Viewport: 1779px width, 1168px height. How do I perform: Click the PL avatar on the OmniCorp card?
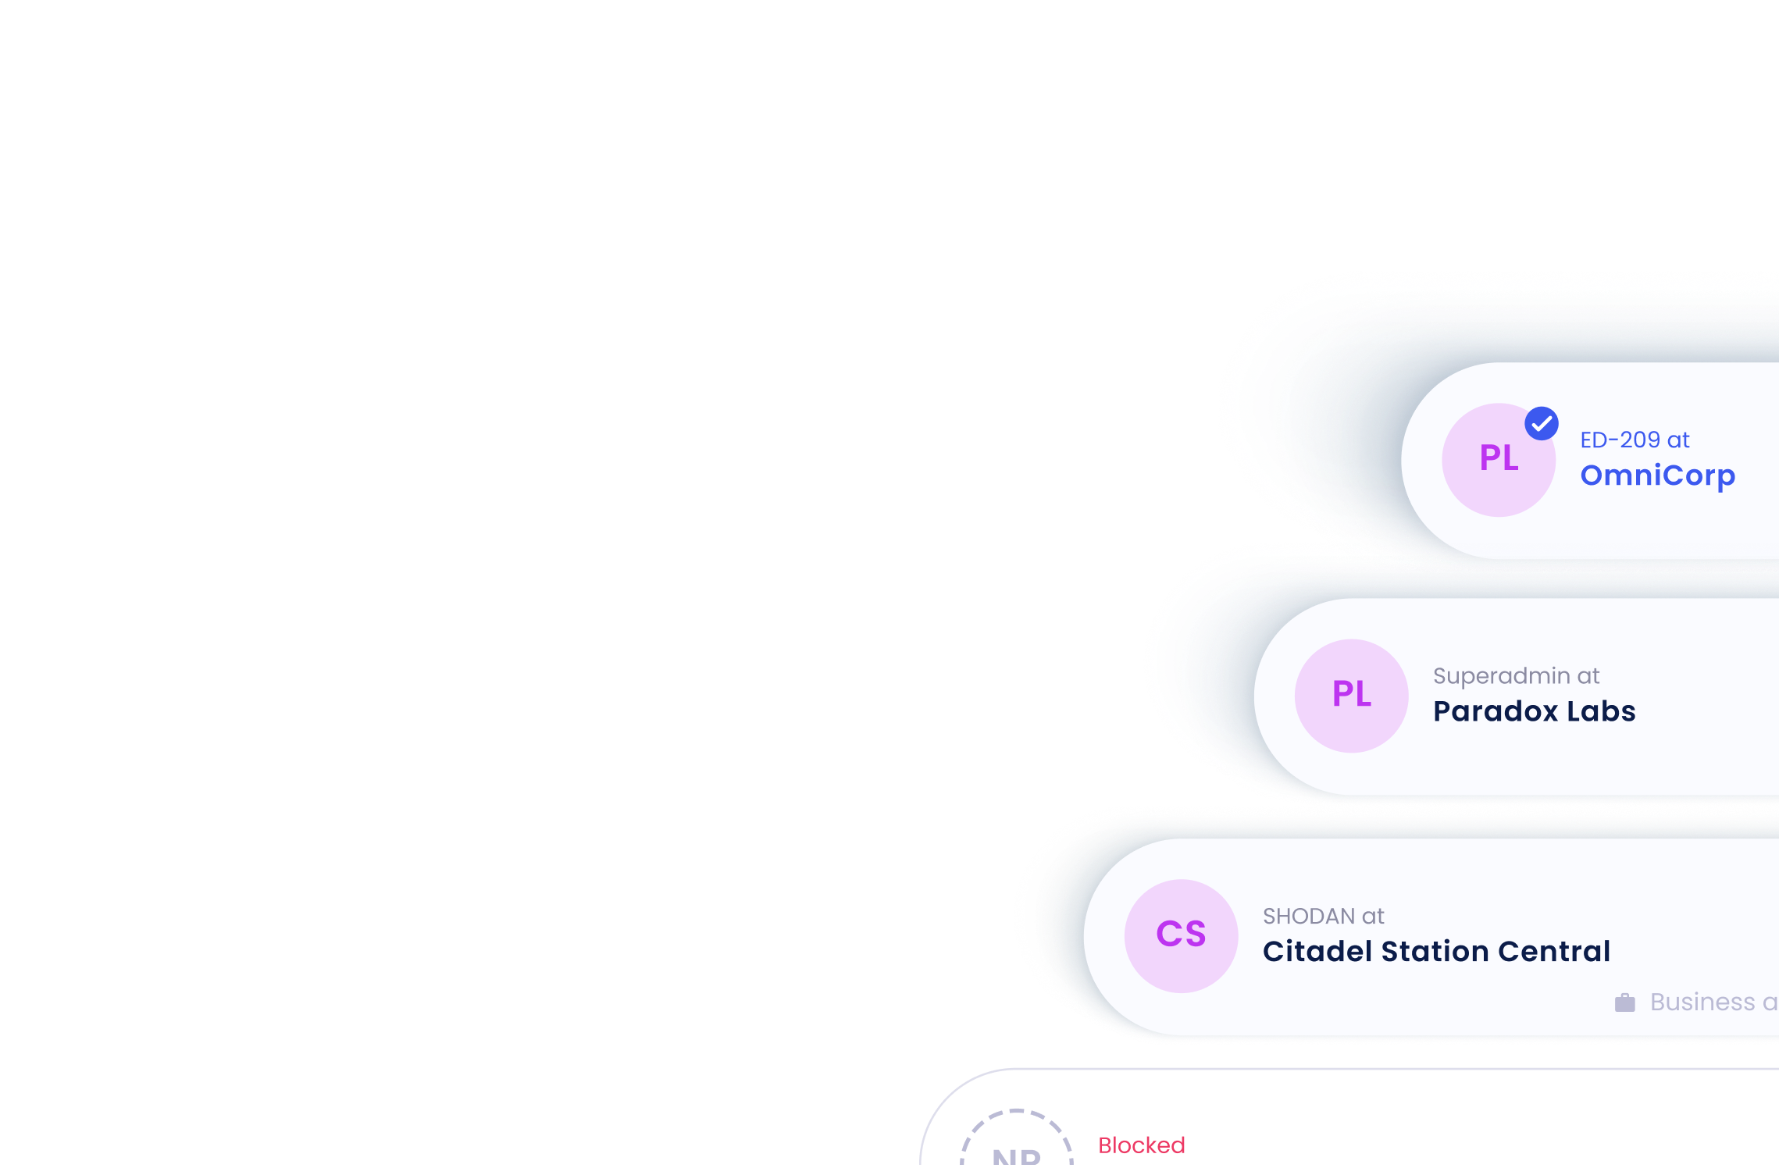(1497, 461)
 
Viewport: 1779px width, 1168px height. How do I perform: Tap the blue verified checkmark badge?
(1542, 424)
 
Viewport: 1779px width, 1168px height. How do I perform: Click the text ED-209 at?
(1635, 440)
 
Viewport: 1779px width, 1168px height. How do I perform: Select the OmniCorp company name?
(1657, 475)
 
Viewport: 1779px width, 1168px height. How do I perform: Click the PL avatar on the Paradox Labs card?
(1351, 696)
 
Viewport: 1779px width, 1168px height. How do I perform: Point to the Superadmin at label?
(1516, 676)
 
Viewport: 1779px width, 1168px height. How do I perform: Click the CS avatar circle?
(1181, 935)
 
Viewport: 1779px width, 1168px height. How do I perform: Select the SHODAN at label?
(1323, 917)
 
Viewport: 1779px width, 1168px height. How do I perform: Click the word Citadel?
(1317, 952)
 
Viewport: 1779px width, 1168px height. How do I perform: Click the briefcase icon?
(1625, 1002)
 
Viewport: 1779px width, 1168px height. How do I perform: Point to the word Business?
(1702, 1002)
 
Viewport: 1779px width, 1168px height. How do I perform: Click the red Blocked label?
(1141, 1145)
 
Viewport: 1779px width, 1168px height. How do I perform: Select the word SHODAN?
(1309, 917)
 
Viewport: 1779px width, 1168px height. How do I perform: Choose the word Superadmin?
(1501, 676)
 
